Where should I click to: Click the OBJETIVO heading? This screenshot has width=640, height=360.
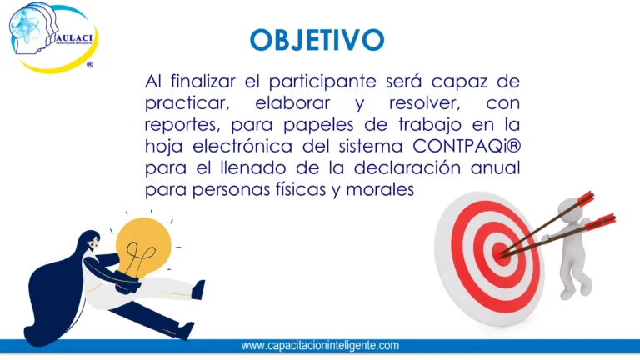pos(317,39)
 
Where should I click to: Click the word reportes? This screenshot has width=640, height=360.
pos(177,125)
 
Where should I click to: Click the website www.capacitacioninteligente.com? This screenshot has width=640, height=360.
pos(320,345)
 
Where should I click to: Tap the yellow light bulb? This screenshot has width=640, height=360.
pos(143,246)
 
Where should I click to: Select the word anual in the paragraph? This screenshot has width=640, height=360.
pos(497,167)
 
